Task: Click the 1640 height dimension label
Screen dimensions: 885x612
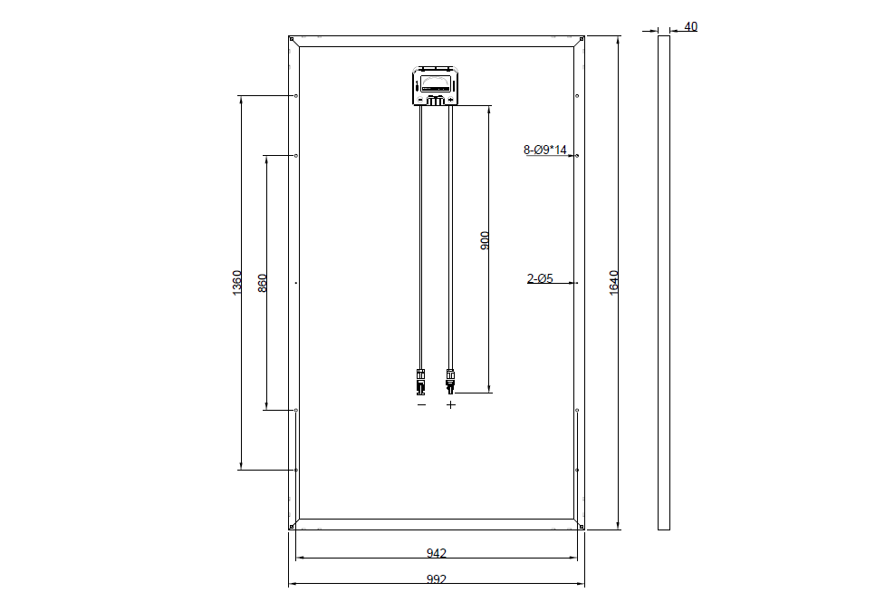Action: (614, 283)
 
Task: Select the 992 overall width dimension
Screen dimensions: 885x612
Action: (437, 579)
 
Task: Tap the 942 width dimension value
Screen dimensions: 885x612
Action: (437, 553)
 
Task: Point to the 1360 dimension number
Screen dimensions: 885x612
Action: (237, 283)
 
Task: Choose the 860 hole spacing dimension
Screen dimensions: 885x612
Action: (263, 283)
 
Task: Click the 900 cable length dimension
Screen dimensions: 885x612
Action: (485, 241)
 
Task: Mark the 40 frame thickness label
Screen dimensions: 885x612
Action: (690, 26)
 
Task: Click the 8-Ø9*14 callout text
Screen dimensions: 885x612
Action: (544, 150)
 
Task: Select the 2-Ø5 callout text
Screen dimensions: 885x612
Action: (540, 278)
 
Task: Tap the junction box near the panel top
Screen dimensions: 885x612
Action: (436, 86)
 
